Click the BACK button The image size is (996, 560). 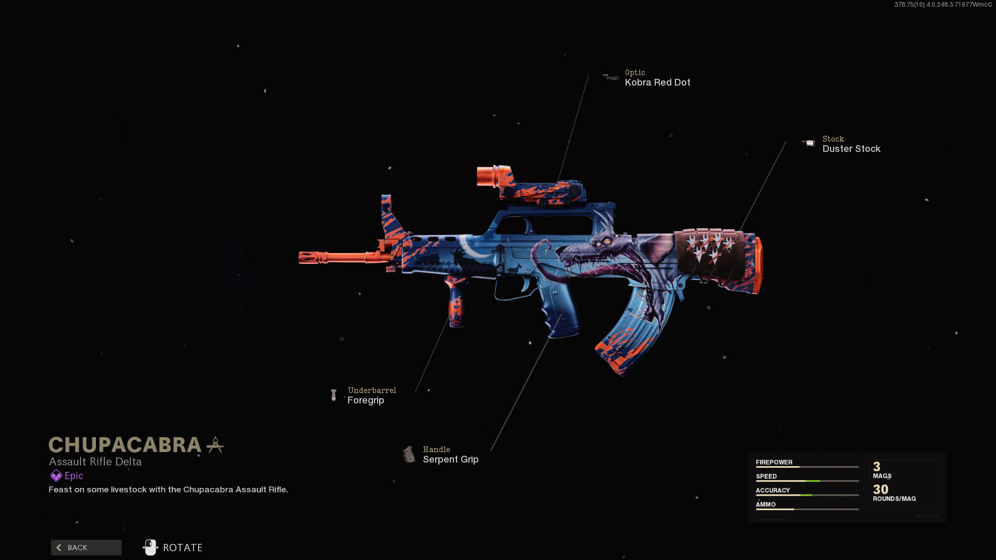pos(86,548)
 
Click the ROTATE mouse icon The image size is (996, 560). pos(150,548)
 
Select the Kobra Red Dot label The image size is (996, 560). pos(657,82)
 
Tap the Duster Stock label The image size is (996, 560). pos(851,149)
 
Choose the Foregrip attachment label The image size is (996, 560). pos(366,400)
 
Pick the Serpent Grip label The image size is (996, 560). pos(450,459)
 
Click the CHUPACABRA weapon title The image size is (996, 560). pos(125,445)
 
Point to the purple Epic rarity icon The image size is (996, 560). pos(56,476)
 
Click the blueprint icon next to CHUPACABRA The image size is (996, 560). pos(215,445)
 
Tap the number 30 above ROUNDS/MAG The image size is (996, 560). pos(880,489)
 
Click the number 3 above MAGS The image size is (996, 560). pos(877,467)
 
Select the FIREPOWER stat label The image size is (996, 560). pos(774,462)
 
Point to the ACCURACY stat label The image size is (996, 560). pos(772,490)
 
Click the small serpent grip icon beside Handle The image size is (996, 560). pos(409,455)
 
